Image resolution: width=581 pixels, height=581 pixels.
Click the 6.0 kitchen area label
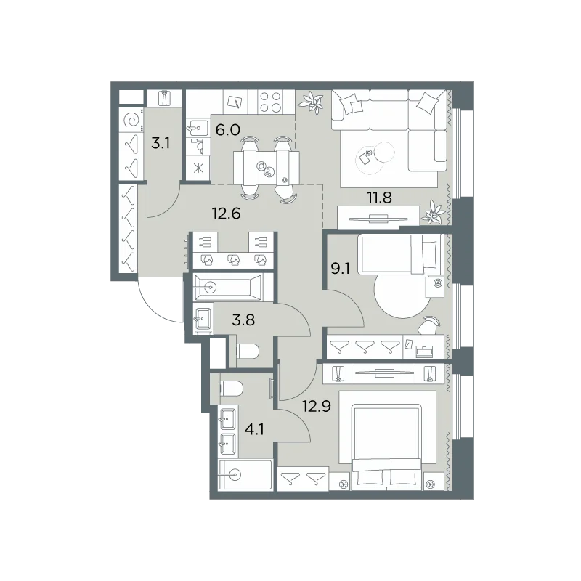point(228,130)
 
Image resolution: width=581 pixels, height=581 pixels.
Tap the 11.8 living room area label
point(379,198)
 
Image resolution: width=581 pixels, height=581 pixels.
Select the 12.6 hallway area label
point(226,214)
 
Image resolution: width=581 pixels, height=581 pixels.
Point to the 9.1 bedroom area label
point(340,268)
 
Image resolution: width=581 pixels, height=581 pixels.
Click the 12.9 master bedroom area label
point(317,407)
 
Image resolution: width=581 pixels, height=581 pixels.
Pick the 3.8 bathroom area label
point(243,320)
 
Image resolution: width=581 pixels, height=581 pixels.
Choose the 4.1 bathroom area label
point(254,429)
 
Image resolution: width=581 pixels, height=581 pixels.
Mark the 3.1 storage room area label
point(161,142)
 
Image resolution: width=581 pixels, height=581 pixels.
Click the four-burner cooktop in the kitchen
point(270,102)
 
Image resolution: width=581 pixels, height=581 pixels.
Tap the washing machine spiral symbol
point(131,120)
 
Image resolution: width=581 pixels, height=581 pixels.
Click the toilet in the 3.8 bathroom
point(248,352)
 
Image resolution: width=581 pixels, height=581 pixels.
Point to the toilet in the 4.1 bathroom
point(231,389)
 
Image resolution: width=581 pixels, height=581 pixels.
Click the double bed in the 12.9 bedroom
point(387,447)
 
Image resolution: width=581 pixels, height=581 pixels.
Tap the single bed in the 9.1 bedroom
point(401,255)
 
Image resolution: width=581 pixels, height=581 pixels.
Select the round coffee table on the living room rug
point(384,152)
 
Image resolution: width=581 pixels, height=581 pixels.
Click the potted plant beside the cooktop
point(313,102)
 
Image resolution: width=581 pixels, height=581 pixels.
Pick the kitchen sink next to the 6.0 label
point(198,128)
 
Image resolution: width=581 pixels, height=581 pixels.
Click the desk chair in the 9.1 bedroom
point(428,325)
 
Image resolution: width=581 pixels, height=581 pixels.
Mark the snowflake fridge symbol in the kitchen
point(198,169)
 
